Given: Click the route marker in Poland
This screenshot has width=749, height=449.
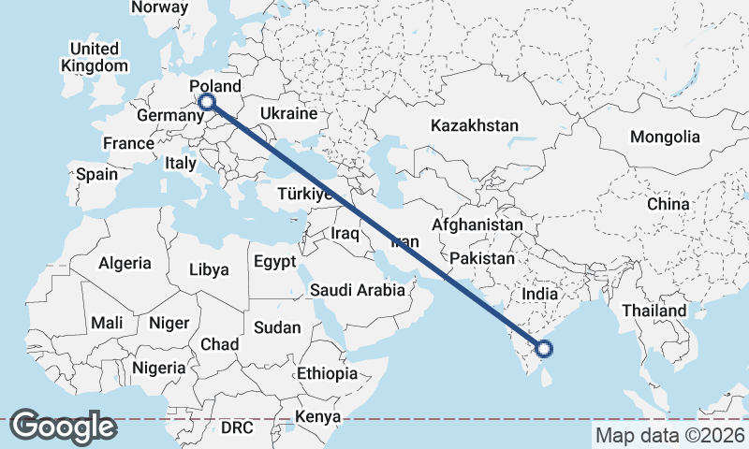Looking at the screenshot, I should click(207, 102).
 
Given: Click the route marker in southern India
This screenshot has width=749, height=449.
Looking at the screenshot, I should click(544, 350).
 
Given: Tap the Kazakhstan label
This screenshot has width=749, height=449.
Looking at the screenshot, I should click(474, 125).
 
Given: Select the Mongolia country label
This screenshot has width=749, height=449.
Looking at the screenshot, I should click(665, 137).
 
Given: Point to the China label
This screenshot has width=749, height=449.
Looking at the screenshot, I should click(668, 203).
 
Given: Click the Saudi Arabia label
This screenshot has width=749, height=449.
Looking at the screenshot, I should click(358, 290).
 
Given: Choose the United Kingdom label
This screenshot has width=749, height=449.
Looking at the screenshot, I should click(95, 57).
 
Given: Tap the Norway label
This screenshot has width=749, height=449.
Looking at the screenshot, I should click(159, 7).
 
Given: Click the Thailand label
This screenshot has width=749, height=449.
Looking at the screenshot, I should click(655, 311).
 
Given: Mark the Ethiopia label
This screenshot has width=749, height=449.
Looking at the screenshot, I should click(327, 373).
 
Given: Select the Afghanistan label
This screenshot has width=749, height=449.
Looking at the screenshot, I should click(477, 225).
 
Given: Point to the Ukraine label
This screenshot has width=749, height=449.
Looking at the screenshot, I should click(289, 113).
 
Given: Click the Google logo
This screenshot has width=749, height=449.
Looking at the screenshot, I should click(63, 427).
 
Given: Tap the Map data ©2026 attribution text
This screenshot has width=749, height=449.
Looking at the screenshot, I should click(669, 435).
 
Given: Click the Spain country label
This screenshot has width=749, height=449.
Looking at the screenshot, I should click(96, 174).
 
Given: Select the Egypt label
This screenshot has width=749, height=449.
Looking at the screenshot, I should click(274, 261).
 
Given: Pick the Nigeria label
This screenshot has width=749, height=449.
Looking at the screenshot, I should click(158, 368).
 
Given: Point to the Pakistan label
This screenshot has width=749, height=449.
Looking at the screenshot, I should click(482, 258).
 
